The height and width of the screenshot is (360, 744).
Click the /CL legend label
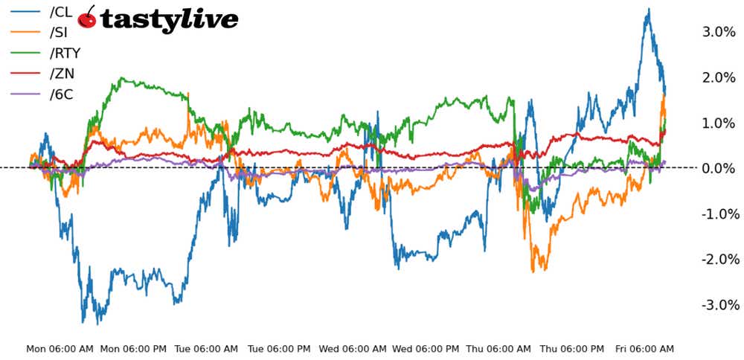(61, 11)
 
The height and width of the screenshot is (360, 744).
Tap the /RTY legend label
(64, 53)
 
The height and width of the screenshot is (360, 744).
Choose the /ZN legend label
(61, 73)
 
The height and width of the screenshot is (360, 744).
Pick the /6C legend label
(61, 94)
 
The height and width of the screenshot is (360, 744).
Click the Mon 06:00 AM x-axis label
(60, 348)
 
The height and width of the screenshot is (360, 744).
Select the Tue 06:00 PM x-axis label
(279, 348)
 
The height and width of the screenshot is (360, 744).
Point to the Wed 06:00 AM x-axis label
(353, 348)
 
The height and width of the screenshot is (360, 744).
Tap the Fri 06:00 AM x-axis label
(644, 348)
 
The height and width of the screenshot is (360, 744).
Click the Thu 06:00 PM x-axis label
(571, 348)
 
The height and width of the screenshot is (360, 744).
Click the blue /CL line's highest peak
(649, 10)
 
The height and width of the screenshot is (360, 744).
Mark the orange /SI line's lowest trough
(533, 271)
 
